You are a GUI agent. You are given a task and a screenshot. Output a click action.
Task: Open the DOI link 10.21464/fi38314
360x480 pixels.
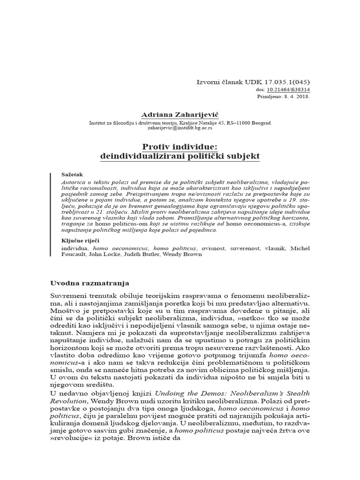point(291,90)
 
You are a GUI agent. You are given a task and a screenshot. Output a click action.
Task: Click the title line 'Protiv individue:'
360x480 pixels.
point(180,146)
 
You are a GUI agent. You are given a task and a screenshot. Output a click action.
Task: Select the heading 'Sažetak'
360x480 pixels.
point(72,174)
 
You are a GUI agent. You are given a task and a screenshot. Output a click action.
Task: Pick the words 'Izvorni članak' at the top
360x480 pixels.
point(217,82)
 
